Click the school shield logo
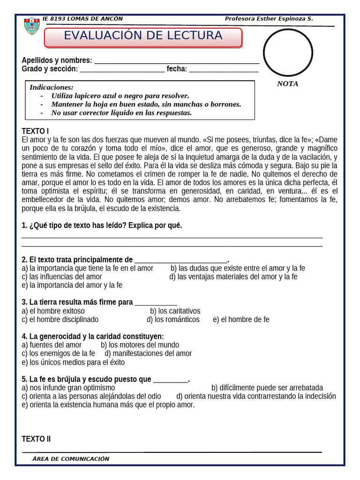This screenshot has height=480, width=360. [x=32, y=26]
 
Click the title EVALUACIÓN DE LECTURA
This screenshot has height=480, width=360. [x=143, y=36]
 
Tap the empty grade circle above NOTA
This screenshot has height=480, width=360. [x=288, y=52]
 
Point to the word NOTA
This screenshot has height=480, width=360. [x=287, y=84]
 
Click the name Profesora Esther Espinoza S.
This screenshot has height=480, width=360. [x=269, y=19]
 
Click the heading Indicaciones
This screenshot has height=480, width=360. [x=52, y=88]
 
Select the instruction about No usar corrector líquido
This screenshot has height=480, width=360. [x=121, y=113]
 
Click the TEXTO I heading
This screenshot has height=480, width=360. [x=35, y=131]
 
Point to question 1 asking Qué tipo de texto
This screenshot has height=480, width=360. [x=102, y=225]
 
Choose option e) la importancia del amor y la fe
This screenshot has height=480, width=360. [x=72, y=285]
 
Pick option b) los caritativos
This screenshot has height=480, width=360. [x=175, y=311]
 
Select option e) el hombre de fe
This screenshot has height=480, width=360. [x=241, y=320]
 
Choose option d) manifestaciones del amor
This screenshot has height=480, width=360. [x=148, y=353]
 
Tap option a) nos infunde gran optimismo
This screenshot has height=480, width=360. [x=68, y=388]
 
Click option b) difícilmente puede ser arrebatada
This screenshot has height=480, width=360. [x=267, y=388]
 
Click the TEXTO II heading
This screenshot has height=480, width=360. [x=36, y=439]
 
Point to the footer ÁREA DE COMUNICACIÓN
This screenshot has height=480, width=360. [x=71, y=459]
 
